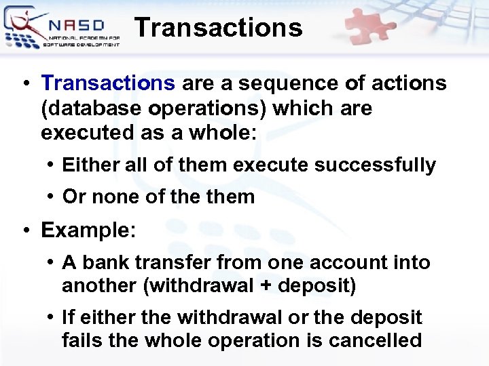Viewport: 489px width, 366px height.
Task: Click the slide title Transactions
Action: tap(218, 28)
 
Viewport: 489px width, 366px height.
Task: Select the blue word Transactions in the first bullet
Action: tap(108, 83)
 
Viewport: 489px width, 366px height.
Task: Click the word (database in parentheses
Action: tap(88, 108)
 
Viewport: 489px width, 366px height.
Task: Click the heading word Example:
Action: tap(89, 230)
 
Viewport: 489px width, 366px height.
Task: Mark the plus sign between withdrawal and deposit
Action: tap(267, 286)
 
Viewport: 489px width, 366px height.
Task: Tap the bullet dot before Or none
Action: tap(51, 197)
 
